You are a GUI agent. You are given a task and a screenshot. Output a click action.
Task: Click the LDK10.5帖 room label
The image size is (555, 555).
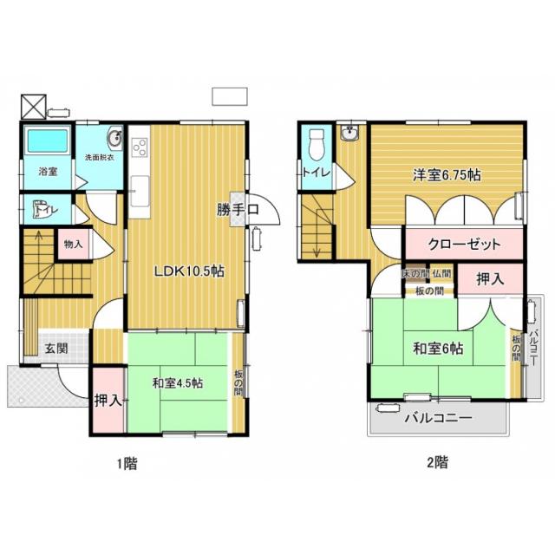pos(189,271)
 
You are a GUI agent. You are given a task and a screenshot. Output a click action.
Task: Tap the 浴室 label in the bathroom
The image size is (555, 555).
pos(48,172)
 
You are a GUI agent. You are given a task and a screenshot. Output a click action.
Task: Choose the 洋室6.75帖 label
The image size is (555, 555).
pos(447,173)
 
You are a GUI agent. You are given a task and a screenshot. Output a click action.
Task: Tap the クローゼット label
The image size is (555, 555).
pos(464,245)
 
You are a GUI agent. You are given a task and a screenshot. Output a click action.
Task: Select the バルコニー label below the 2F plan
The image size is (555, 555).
pos(438,418)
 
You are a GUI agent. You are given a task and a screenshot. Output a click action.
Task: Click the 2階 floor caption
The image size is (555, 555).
pos(437,462)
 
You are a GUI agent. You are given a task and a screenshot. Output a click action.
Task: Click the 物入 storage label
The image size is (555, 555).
pos(73,245)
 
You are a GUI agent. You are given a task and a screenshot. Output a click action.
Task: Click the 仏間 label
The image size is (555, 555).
pos(441,274)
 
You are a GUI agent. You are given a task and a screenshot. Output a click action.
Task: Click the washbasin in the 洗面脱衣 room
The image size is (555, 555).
pos(114,140)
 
